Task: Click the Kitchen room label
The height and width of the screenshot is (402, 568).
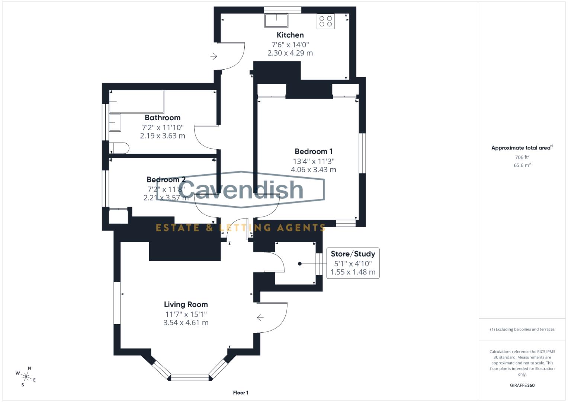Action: coord(290,35)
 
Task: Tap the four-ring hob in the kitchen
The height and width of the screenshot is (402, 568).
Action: coord(325,21)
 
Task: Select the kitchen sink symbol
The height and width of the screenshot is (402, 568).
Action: coord(276,20)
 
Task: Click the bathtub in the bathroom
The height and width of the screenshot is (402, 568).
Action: coord(137,102)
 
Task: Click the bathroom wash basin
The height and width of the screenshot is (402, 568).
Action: coord(115,122)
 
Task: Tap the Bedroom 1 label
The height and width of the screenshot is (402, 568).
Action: coord(314,151)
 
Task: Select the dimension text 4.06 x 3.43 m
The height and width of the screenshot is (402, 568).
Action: coord(314,170)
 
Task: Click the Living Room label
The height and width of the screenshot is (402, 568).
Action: coord(186,304)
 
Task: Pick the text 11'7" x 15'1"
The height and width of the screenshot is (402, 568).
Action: coord(186,315)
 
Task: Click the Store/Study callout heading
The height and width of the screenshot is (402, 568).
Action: coord(353,254)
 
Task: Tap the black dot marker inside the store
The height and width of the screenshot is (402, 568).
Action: coord(300,264)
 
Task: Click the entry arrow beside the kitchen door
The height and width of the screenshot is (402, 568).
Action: coord(214,56)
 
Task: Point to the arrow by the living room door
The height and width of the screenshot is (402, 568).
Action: coord(260,318)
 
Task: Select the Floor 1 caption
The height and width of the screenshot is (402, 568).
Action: coord(240,393)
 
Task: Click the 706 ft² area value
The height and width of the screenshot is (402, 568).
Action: coord(522,157)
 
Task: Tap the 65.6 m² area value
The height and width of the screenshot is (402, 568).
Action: coord(522,165)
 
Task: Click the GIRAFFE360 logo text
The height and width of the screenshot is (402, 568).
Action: coord(522,385)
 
